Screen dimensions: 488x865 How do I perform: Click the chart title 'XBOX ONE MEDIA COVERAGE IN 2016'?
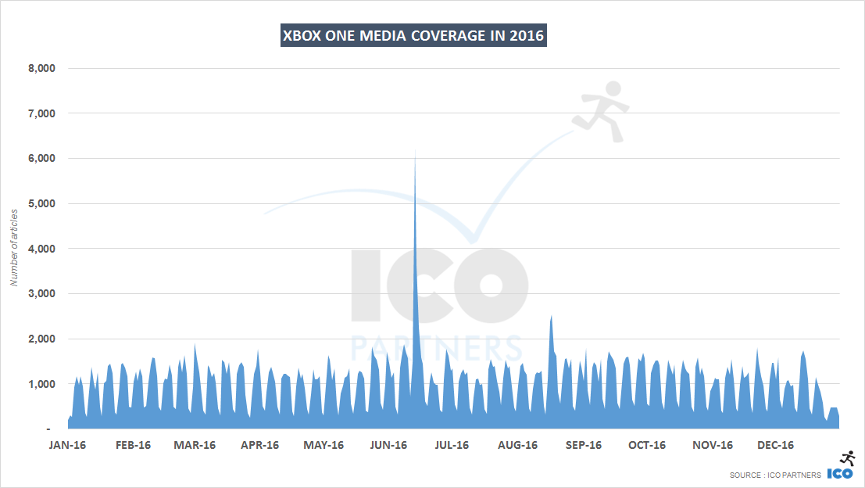click(413, 36)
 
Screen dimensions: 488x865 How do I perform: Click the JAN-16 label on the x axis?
click(68, 445)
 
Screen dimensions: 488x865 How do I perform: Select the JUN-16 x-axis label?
click(388, 445)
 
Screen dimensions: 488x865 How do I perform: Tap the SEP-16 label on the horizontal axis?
click(583, 445)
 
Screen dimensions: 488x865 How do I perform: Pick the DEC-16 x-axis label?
click(776, 445)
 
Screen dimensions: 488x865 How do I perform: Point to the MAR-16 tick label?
click(195, 445)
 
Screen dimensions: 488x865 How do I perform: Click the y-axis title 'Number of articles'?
click(13, 247)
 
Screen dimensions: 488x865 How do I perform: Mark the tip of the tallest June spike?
click(415, 152)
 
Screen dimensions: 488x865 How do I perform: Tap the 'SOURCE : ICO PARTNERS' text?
click(775, 475)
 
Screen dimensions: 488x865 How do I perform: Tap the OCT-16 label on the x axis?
click(647, 445)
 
